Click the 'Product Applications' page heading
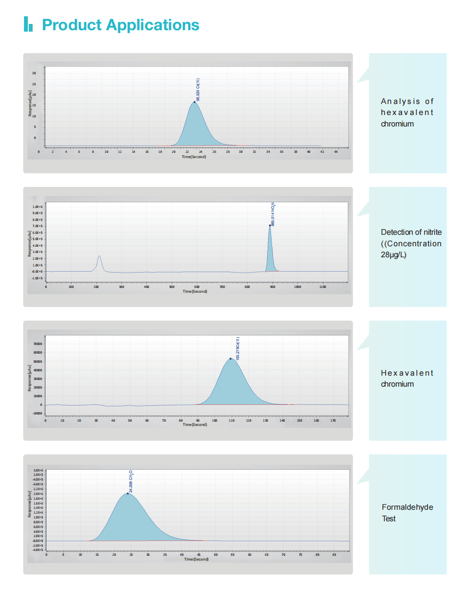coord(120,25)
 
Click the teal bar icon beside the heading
coord(28,24)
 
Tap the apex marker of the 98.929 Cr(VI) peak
coord(194,102)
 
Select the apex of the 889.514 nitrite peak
coord(270,225)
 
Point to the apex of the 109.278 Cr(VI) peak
coord(230,358)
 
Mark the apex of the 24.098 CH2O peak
coord(128,493)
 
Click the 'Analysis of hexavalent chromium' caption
coord(407,113)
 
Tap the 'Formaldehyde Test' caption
coord(407,513)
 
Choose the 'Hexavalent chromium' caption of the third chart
coord(407,379)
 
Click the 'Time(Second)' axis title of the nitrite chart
coord(195,291)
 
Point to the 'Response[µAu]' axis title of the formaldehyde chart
coord(29,504)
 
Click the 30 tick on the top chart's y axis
coord(34,73)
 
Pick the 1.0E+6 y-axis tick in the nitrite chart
coord(37,207)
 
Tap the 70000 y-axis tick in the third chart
coord(37,344)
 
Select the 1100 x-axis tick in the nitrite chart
coord(322,287)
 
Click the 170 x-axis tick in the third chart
coord(333,421)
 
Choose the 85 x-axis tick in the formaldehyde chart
coord(334,555)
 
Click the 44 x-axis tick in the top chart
coord(336,152)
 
